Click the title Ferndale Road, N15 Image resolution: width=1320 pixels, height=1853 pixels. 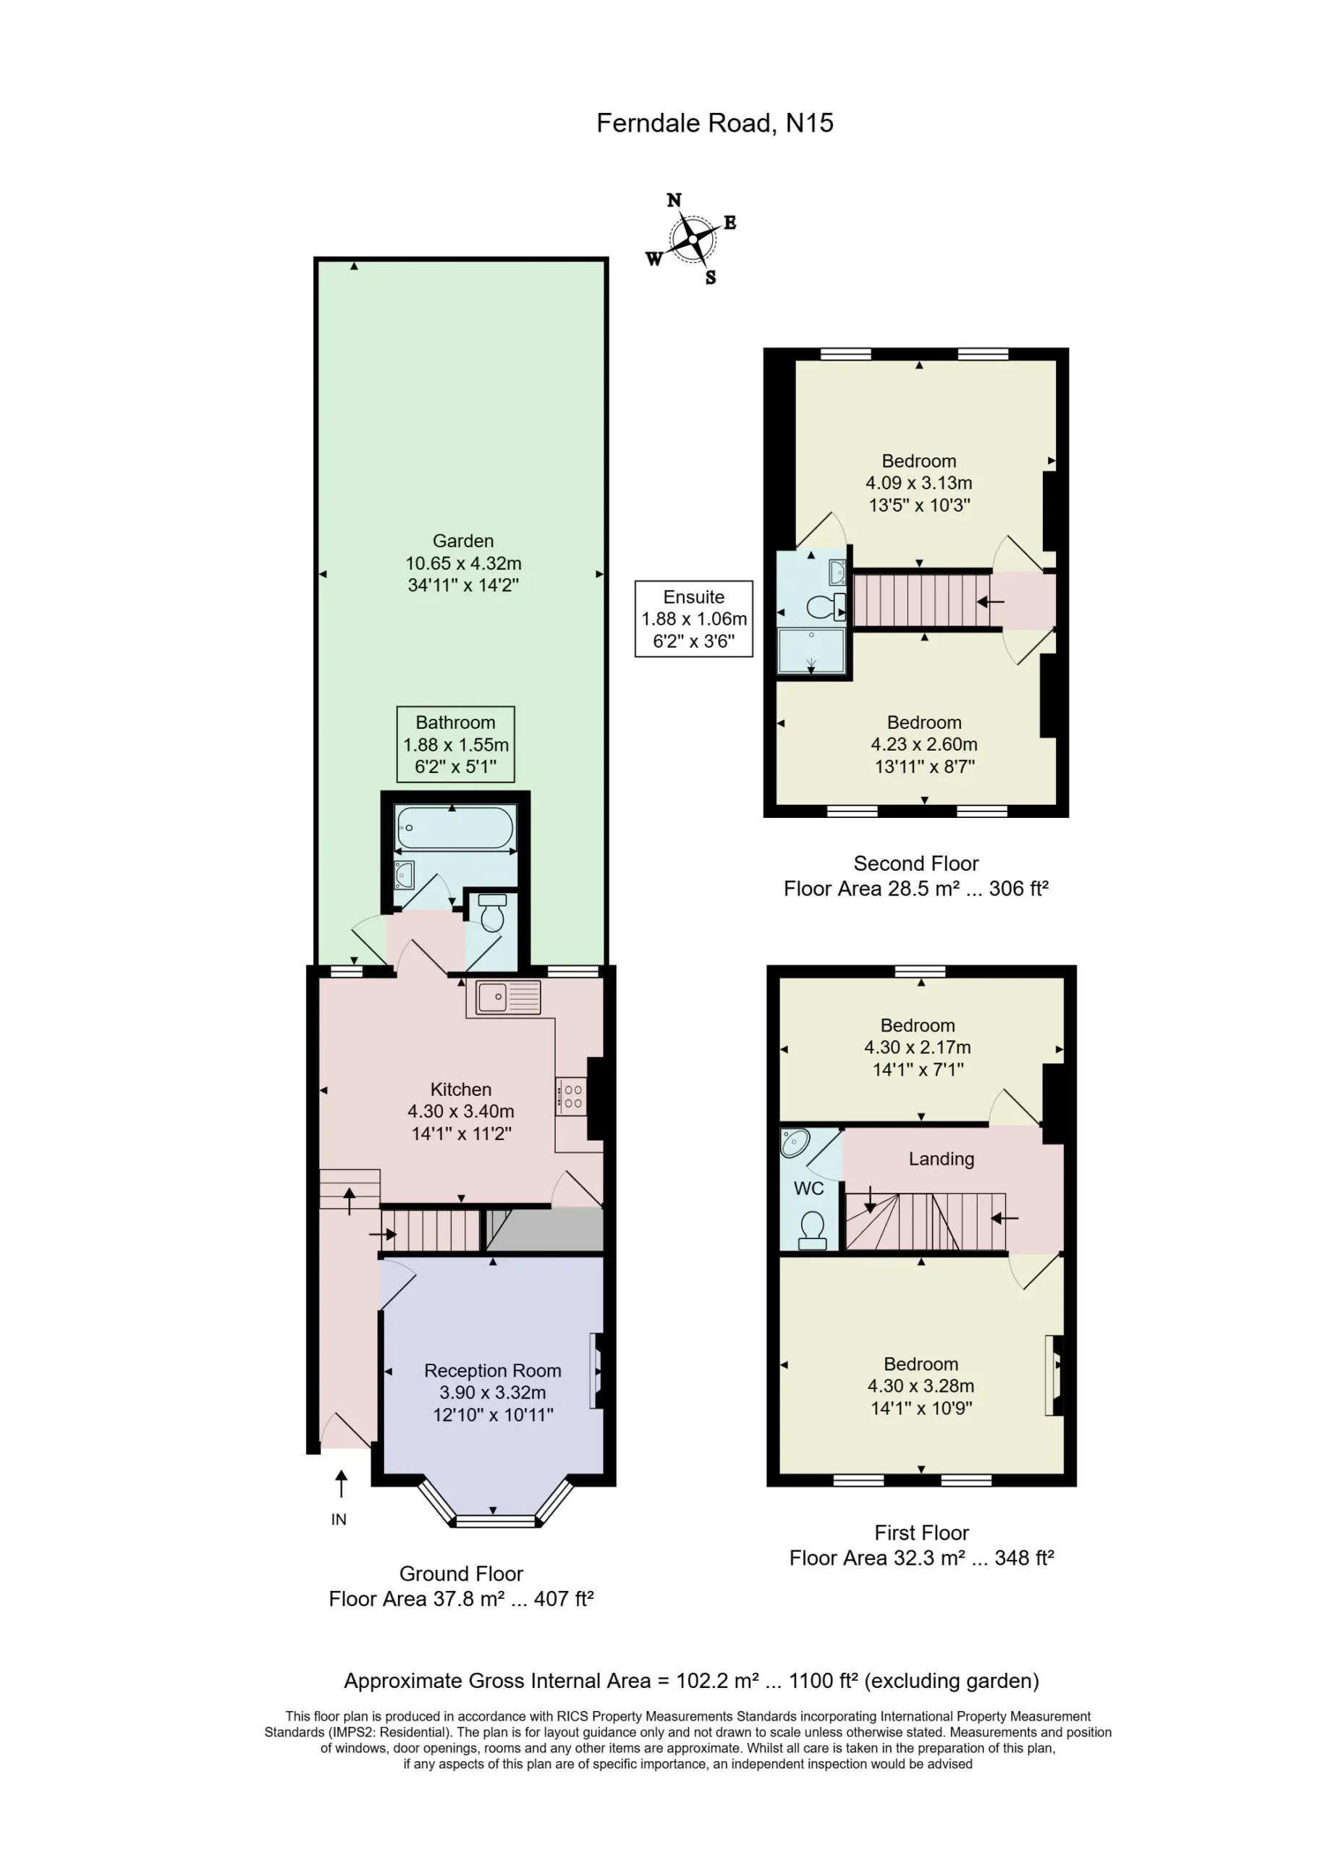coord(714,123)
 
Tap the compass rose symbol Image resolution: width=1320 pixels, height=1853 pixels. coord(693,239)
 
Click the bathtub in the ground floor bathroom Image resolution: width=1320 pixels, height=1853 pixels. coord(455,827)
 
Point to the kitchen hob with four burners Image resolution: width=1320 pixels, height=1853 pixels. coord(572,1096)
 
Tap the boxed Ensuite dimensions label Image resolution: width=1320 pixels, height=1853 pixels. coord(694,618)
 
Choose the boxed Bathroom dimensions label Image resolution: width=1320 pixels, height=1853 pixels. coord(456,743)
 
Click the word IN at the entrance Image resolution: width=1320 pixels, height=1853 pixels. coord(339,1519)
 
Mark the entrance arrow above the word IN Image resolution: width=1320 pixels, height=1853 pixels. coord(342,1483)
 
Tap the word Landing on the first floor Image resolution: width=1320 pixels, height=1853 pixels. coord(942,1159)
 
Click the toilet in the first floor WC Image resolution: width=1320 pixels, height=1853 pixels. coord(812,1230)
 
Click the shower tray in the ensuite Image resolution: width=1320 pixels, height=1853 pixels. coord(811,651)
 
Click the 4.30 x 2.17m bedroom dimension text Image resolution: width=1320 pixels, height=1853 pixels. coord(918,1047)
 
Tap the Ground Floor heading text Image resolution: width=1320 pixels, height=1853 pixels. coord(461,1574)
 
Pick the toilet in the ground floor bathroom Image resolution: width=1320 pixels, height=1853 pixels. coord(493,913)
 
